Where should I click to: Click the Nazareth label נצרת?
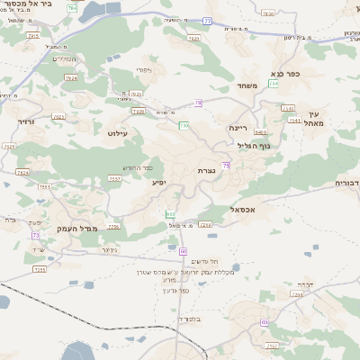[x=206, y=170]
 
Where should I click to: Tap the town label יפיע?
[x=158, y=183]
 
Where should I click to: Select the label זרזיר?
[x=24, y=120]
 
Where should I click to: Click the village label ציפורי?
[x=145, y=69]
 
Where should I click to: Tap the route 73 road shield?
[x=37, y=209]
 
